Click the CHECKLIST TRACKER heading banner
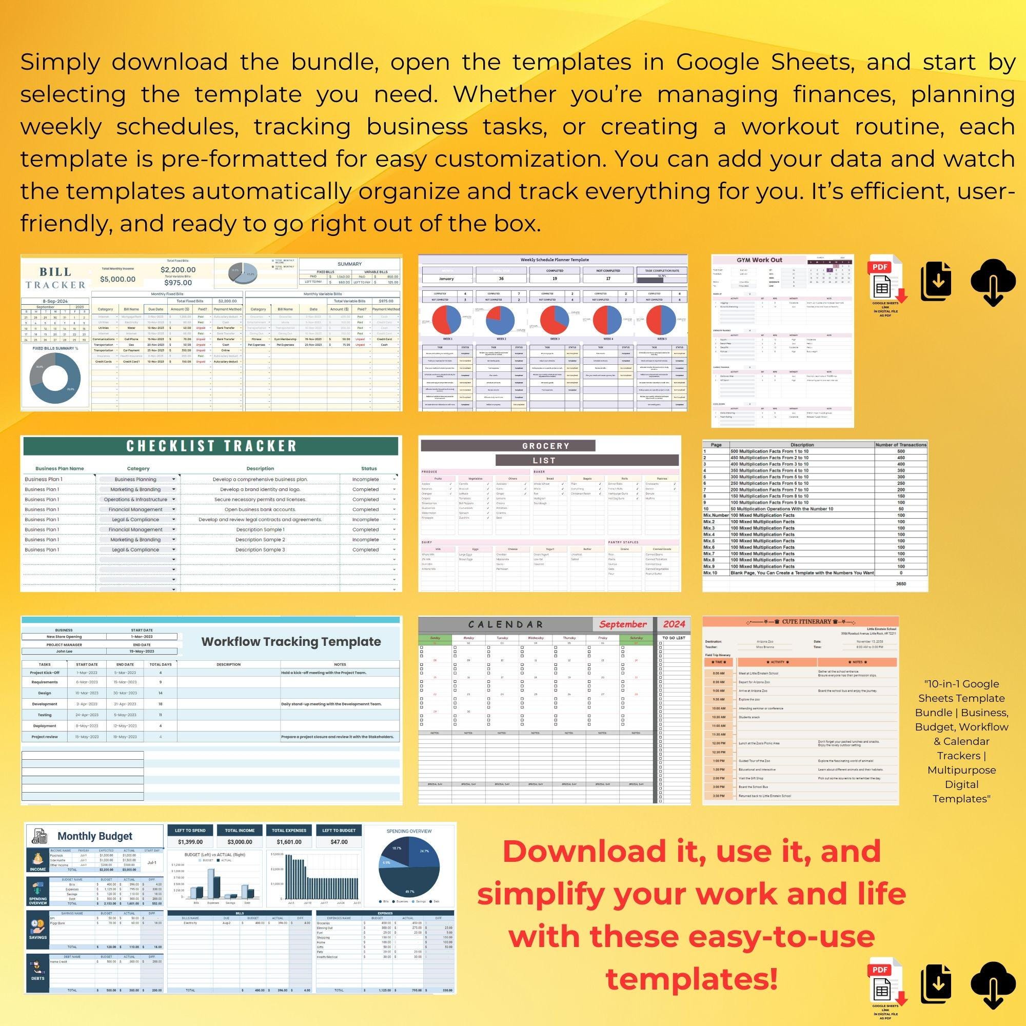pyautogui.click(x=211, y=446)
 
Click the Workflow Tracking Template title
pyautogui.click(x=290, y=642)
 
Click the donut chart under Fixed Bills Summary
pyautogui.click(x=55, y=378)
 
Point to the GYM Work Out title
pyautogui.click(x=759, y=260)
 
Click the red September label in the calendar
pyautogui.click(x=623, y=624)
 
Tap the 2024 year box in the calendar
pyautogui.click(x=674, y=624)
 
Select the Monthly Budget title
pyautogui.click(x=94, y=836)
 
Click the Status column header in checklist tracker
pyautogui.click(x=368, y=468)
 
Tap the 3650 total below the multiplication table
pyautogui.click(x=901, y=584)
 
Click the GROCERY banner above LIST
pyautogui.click(x=545, y=446)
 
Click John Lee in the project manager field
pyautogui.click(x=64, y=651)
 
